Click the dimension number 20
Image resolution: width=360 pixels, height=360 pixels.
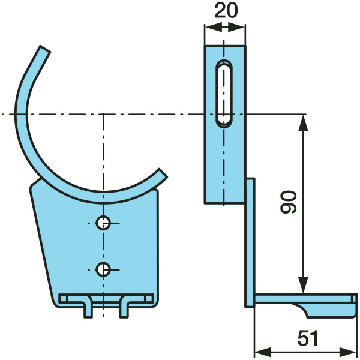point(226,11)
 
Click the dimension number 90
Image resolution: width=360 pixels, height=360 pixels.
point(289,202)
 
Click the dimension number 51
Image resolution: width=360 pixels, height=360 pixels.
point(308,338)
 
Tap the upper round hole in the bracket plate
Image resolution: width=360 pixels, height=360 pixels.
point(103,223)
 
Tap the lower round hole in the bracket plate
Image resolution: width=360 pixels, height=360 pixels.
point(103,269)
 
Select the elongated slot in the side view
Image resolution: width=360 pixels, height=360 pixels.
point(224,94)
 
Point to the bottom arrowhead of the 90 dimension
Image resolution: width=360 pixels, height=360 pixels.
point(303,285)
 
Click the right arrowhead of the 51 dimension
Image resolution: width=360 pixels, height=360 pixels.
point(347,352)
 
